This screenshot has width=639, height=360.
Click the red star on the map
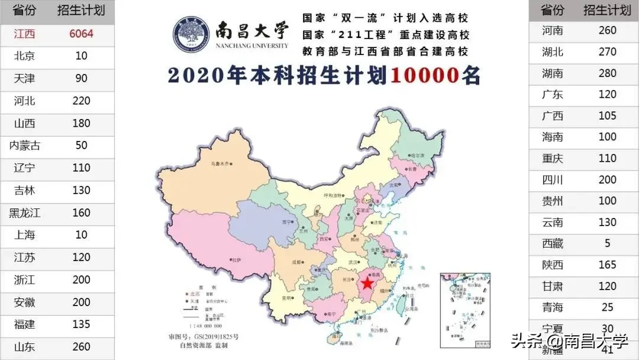367,284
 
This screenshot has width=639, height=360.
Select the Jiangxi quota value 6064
82,34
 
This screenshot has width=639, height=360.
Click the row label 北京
25,56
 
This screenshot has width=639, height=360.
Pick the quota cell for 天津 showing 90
82,78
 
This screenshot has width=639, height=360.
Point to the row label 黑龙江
25,213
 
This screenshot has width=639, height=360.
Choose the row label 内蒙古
25,146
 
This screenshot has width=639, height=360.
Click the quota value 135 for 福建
82,324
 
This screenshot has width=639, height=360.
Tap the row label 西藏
553,243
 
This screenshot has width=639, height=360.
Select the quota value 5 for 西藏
608,243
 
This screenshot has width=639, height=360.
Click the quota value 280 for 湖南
608,73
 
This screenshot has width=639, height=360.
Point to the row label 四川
553,180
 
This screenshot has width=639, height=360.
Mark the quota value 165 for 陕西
608,265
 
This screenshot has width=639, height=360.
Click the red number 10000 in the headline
425,76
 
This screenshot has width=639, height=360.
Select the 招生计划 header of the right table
608,10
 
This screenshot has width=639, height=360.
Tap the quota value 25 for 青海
608,307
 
